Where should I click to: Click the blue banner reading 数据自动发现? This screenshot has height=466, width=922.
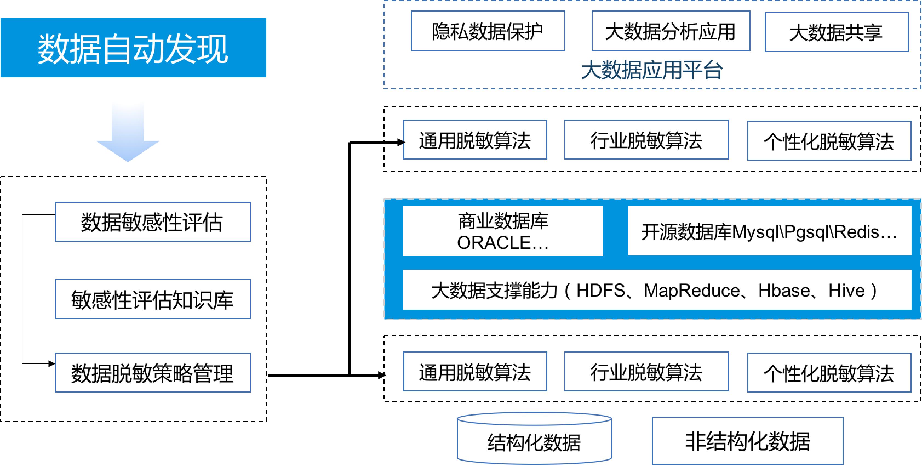tap(133, 48)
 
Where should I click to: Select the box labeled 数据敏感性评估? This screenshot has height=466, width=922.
tap(153, 222)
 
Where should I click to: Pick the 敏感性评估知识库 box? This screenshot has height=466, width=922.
tap(153, 299)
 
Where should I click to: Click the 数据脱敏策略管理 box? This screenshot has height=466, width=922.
tap(153, 373)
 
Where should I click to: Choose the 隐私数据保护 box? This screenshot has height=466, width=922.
tap(488, 31)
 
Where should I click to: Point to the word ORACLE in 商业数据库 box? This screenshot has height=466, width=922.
tap(494, 243)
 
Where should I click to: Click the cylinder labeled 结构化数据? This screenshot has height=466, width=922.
tap(534, 442)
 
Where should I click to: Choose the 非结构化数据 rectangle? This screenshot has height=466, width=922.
tap(747, 441)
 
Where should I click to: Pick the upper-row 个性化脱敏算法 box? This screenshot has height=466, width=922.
tap(829, 141)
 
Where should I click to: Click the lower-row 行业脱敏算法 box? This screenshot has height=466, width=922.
tap(646, 371)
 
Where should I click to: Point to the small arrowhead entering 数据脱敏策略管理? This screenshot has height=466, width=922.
tap(51, 364)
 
